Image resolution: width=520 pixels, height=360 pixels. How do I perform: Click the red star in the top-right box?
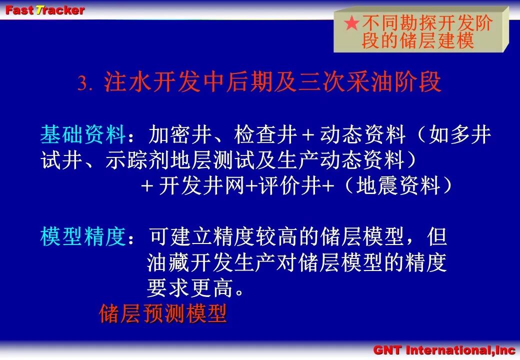coord(351,23)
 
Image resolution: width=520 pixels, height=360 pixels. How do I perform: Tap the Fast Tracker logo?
coord(45,10)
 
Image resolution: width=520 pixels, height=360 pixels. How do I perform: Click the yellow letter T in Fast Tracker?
coord(39,10)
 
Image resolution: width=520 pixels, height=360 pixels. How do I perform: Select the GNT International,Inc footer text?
coord(443,350)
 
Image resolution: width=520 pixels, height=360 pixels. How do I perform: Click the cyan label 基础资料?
coord(83,134)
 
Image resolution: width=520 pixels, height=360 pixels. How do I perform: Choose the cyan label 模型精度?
coord(83,236)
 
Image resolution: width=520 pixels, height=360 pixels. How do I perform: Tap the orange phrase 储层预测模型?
coord(163,313)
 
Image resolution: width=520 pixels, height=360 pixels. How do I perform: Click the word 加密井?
coord(180,134)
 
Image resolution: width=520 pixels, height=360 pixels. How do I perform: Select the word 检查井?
coord(265,134)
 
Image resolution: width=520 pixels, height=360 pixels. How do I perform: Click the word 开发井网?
coord(201,185)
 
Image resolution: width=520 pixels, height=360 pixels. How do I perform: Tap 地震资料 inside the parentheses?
coord(398,185)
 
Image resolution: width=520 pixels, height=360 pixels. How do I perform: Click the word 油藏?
coord(168,262)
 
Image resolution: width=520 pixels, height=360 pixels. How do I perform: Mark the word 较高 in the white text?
coord(277,236)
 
